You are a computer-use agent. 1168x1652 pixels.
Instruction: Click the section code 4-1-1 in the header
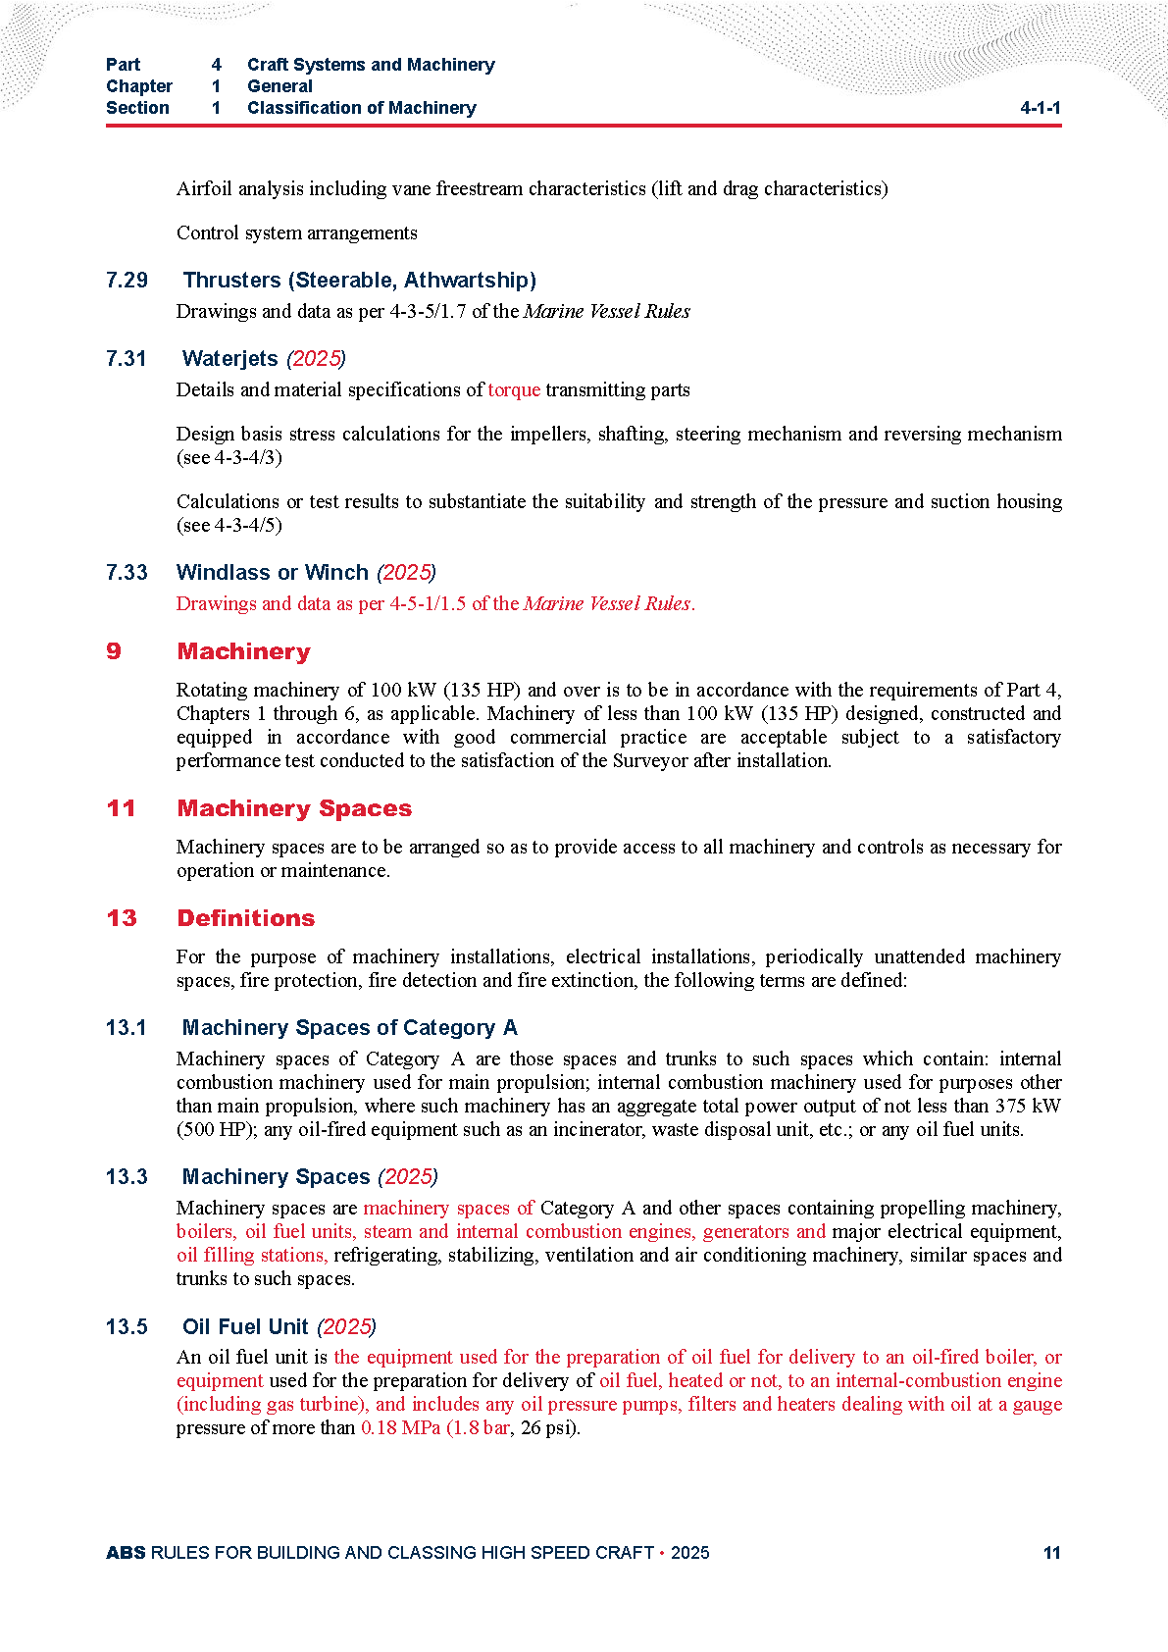click(x=1040, y=108)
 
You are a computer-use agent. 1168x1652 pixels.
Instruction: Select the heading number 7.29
click(x=127, y=281)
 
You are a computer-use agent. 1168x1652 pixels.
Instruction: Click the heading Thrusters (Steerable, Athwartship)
click(x=359, y=281)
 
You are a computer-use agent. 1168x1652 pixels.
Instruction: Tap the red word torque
click(x=514, y=390)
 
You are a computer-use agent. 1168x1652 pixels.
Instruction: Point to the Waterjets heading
click(x=230, y=359)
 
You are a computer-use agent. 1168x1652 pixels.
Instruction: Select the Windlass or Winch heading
click(x=273, y=573)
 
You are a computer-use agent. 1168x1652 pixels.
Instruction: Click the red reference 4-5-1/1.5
click(x=428, y=604)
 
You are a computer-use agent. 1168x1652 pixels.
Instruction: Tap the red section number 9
click(x=114, y=652)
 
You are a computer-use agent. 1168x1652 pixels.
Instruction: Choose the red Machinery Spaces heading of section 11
click(x=294, y=809)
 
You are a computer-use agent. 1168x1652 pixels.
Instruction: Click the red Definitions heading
click(x=246, y=919)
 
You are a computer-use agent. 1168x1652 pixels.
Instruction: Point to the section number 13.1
click(x=127, y=1028)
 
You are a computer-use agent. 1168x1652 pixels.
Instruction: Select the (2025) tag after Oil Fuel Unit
click(x=346, y=1327)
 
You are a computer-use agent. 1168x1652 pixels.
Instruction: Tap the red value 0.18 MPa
click(x=400, y=1428)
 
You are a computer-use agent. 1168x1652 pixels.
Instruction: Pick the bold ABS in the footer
click(x=126, y=1553)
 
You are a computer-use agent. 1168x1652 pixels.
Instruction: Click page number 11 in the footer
click(x=1051, y=1553)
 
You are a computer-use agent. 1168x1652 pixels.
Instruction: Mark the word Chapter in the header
click(x=139, y=86)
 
